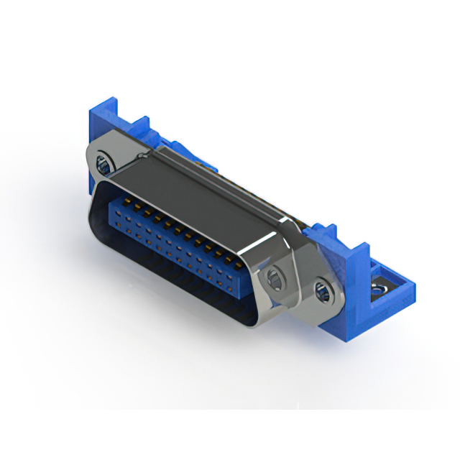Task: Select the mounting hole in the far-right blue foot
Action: [376, 290]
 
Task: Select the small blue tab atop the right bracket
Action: [327, 231]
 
